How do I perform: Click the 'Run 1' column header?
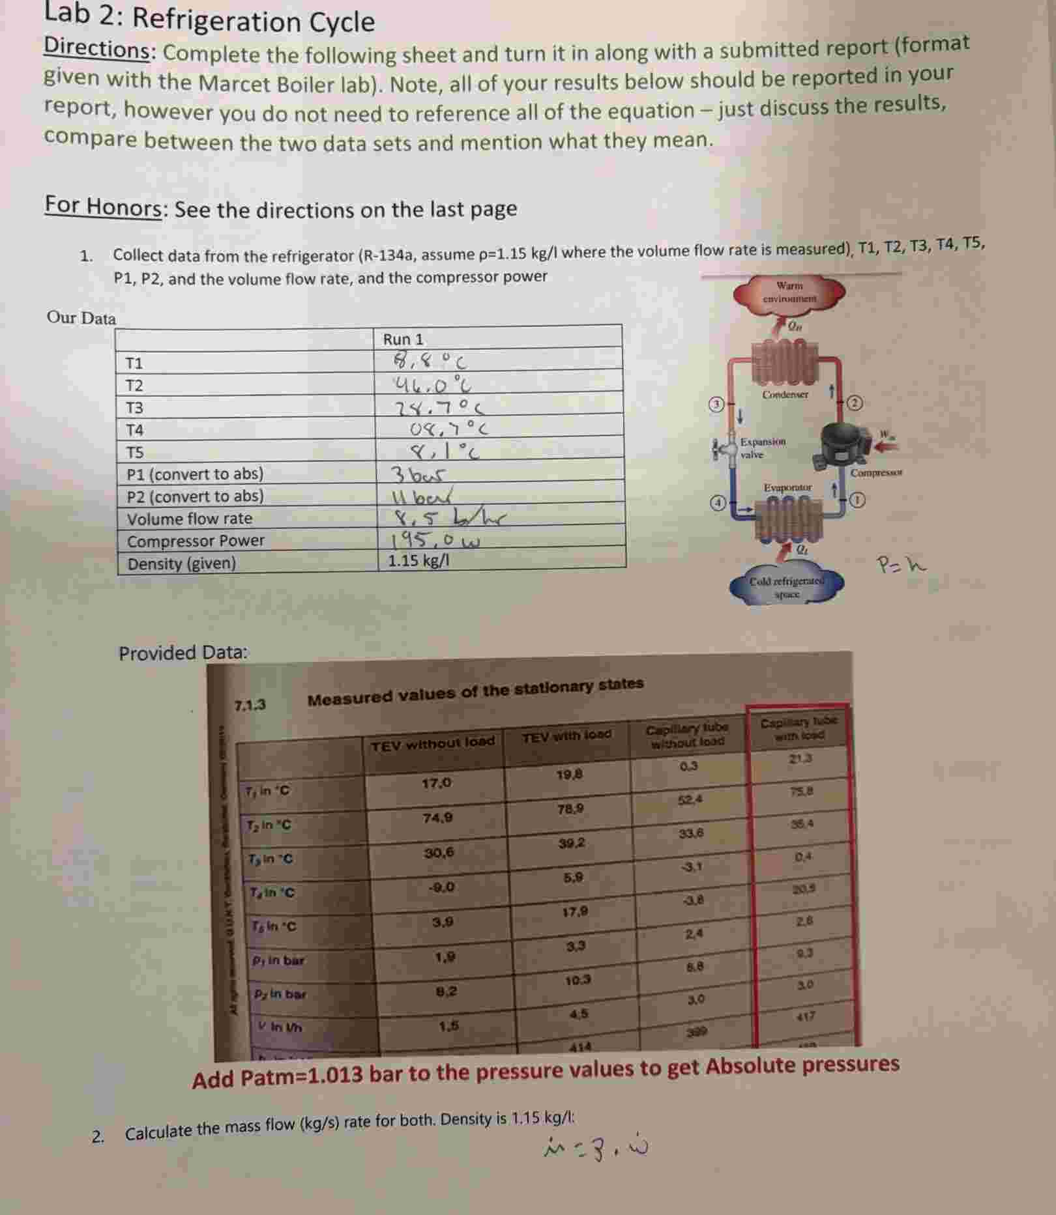[x=403, y=339]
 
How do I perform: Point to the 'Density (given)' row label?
[x=181, y=564]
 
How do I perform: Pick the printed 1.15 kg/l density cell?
[x=418, y=560]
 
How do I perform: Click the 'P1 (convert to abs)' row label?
[x=195, y=474]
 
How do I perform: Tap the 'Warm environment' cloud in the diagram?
[x=789, y=293]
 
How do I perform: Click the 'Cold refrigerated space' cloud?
[x=787, y=587]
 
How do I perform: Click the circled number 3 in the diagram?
[x=717, y=404]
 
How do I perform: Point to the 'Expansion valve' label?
[x=763, y=448]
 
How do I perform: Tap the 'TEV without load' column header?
[x=432, y=743]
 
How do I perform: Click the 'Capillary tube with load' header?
[x=799, y=728]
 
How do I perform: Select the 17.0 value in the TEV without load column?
[x=436, y=783]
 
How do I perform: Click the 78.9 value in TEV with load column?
[x=570, y=809]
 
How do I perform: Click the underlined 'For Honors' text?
[x=103, y=207]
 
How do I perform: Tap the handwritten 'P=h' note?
[x=900, y=564]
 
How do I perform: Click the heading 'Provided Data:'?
[x=183, y=653]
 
